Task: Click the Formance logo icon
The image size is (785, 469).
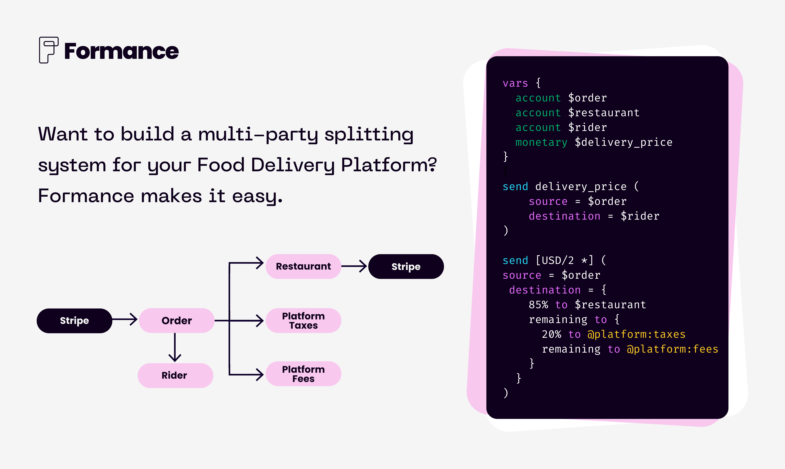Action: click(48, 50)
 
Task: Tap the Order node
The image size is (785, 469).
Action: click(177, 320)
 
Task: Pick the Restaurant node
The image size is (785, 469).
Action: click(303, 266)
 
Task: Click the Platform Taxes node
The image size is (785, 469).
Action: click(303, 320)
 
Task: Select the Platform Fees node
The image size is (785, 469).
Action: click(303, 374)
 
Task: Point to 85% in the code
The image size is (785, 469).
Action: click(538, 305)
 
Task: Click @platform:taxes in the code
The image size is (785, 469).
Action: click(636, 334)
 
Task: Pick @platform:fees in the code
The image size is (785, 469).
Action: click(672, 349)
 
